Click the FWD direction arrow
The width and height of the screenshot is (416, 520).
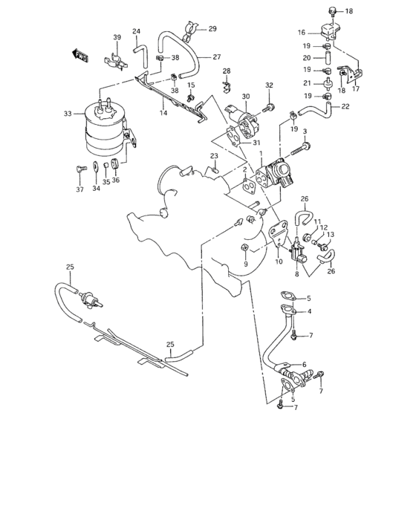79,54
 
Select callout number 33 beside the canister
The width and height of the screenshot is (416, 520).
68,114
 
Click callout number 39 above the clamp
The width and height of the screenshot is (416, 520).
117,38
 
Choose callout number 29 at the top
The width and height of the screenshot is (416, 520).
212,29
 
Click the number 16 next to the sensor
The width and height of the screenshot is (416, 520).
302,33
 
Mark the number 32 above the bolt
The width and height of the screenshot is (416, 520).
269,85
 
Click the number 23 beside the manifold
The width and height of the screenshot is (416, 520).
213,156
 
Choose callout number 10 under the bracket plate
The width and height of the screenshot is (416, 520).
279,262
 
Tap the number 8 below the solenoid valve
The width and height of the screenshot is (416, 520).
296,274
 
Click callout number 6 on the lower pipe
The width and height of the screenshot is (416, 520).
303,364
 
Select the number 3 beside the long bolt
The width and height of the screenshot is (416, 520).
305,131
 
